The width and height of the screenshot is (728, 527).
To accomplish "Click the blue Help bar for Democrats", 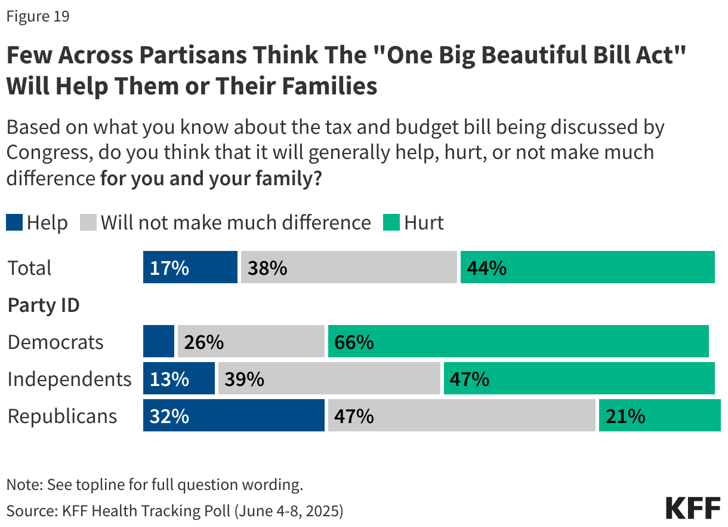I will click(159, 342).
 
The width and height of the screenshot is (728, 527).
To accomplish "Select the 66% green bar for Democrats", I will click(518, 342).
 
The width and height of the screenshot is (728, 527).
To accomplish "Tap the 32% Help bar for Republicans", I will click(233, 416).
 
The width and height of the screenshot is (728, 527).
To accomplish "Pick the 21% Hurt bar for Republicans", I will click(659, 416).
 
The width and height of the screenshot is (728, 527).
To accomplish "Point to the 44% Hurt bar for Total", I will click(587, 267).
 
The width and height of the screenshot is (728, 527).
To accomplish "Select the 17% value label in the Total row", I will click(169, 268).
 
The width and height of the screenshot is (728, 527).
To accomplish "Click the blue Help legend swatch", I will click(14, 223).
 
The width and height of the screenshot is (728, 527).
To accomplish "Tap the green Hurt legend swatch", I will click(391, 223).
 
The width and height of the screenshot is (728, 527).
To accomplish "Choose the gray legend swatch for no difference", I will click(88, 223).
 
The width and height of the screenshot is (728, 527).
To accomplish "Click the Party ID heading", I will click(44, 305).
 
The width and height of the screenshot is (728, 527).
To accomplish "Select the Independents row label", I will click(69, 379).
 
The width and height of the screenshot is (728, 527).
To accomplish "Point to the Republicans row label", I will click(62, 416).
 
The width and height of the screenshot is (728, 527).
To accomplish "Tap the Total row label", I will click(30, 268).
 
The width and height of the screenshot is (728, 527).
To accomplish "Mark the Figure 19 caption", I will click(38, 17).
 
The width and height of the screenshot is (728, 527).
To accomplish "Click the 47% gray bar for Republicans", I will click(461, 416).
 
